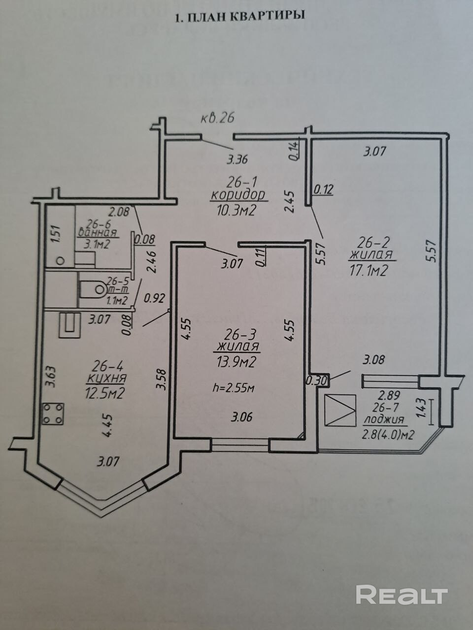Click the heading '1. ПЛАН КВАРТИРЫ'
pyautogui.click(x=240, y=16)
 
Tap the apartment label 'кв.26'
pyautogui.click(x=216, y=118)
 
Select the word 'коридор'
pyautogui.click(x=238, y=194)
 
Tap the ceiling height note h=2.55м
pyautogui.click(x=233, y=388)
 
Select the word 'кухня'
pyautogui.click(x=106, y=378)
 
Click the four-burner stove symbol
pyautogui.click(x=53, y=413)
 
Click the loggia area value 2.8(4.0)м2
pyautogui.click(x=387, y=435)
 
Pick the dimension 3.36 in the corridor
pyautogui.click(x=236, y=159)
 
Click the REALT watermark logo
pyautogui.click(x=402, y=595)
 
